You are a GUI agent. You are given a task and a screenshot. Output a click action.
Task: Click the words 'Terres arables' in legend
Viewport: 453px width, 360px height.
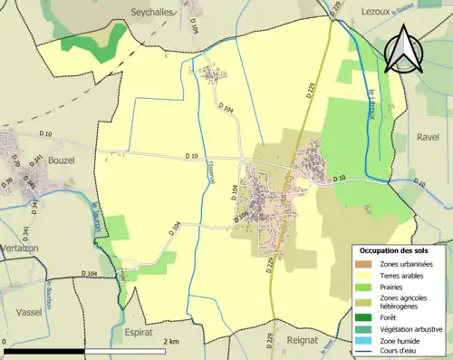405,275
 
